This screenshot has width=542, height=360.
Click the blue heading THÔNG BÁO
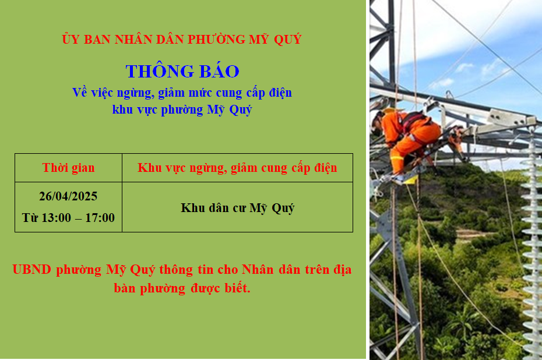tap(182, 71)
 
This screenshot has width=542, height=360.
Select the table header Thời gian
tap(68, 168)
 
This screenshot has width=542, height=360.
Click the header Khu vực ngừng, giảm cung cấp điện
tap(237, 168)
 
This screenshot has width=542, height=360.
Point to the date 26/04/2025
tap(68, 196)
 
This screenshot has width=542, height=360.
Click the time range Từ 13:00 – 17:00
tap(68, 218)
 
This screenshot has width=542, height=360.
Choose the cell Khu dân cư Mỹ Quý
tap(237, 208)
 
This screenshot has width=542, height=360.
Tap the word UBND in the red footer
tap(32, 270)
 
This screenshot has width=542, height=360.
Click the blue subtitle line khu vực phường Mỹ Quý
tap(182, 110)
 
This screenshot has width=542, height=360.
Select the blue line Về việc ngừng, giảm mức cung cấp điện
tap(182, 93)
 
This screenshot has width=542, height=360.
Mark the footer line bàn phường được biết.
tap(182, 288)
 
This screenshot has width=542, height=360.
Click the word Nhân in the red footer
tap(258, 270)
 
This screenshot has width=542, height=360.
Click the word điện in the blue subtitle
tap(280, 93)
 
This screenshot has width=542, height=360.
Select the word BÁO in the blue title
tap(220, 71)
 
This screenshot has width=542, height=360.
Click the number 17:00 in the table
tap(100, 218)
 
